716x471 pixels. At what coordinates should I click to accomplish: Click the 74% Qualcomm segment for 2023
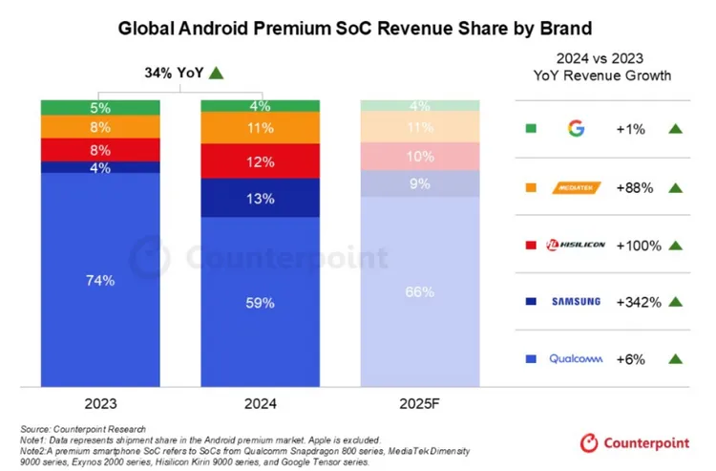[x=100, y=280]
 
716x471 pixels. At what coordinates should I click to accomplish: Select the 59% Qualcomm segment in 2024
[x=261, y=302]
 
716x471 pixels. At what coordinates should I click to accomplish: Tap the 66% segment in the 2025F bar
[x=421, y=291]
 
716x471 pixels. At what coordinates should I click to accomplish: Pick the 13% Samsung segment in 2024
[x=261, y=198]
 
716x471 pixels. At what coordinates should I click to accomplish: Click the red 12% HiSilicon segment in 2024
[x=261, y=161]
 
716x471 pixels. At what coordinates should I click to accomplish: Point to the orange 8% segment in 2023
[x=100, y=125]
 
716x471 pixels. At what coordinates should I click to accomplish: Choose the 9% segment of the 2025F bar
[x=421, y=183]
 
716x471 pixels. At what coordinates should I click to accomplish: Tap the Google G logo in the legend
[x=575, y=128]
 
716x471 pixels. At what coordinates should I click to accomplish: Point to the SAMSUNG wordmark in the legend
[x=575, y=302]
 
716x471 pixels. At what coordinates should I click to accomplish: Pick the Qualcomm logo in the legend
[x=575, y=359]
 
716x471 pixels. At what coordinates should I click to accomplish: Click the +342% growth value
[x=641, y=302]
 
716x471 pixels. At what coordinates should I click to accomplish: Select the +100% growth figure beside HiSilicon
[x=641, y=246]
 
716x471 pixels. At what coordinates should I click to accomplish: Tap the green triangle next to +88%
[x=676, y=187]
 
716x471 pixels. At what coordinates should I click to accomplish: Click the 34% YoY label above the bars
[x=172, y=73]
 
